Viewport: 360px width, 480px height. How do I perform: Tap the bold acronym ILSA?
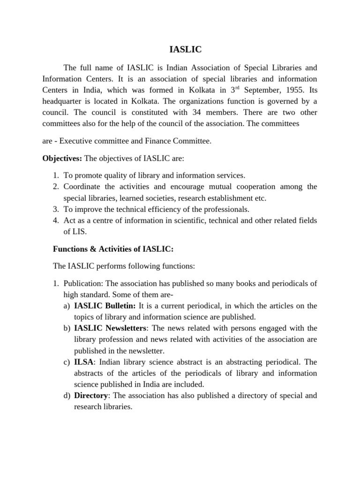pyautogui.click(x=84, y=362)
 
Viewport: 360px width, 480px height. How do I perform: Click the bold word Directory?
pyautogui.click(x=91, y=396)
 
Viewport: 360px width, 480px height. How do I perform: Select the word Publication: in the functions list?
pyautogui.click(x=84, y=283)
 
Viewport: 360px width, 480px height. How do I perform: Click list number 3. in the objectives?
pyautogui.click(x=55, y=209)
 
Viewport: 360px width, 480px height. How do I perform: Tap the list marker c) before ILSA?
pyautogui.click(x=66, y=362)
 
